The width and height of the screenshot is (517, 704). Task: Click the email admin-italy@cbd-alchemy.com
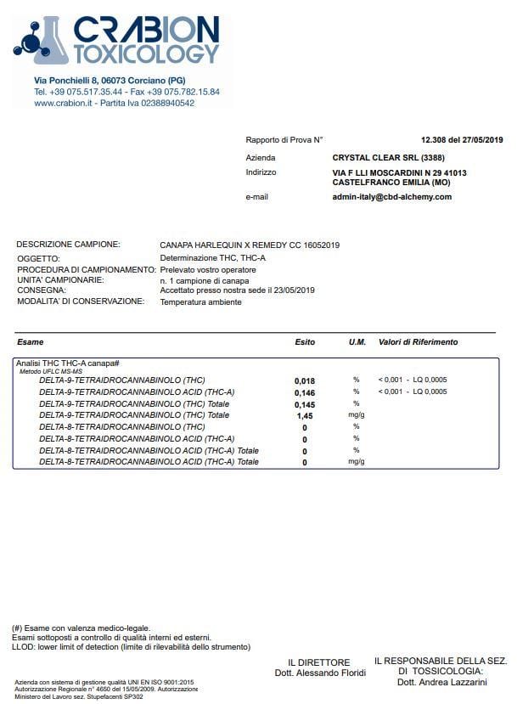point(391,197)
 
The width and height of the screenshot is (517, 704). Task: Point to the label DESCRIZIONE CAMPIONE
point(68,245)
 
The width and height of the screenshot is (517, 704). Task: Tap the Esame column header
point(31,342)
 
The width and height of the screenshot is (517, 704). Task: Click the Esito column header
point(304,342)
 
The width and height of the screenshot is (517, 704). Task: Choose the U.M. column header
point(357,342)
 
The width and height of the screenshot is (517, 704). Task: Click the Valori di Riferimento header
point(418,342)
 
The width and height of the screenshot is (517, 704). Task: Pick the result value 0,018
point(304,380)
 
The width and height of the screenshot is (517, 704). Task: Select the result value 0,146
point(304,392)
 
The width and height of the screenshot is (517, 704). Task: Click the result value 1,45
point(304,416)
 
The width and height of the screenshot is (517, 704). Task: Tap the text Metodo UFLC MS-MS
point(51,371)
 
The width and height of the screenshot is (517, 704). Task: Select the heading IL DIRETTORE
point(318,663)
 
